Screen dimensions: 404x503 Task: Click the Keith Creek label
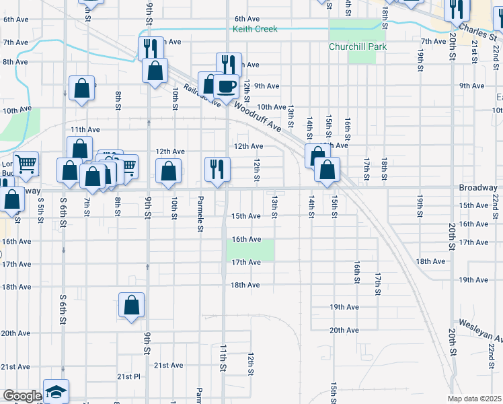[255, 29]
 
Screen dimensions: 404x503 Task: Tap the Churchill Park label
[354, 47]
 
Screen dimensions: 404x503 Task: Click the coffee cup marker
[226, 86]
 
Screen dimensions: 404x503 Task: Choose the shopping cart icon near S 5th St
[26, 164]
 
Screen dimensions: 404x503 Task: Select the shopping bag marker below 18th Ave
[132, 304]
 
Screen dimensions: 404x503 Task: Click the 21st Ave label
[168, 366]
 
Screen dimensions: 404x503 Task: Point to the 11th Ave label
[85, 129]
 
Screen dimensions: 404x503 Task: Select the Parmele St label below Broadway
[200, 213]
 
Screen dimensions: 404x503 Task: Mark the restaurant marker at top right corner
[455, 9]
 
